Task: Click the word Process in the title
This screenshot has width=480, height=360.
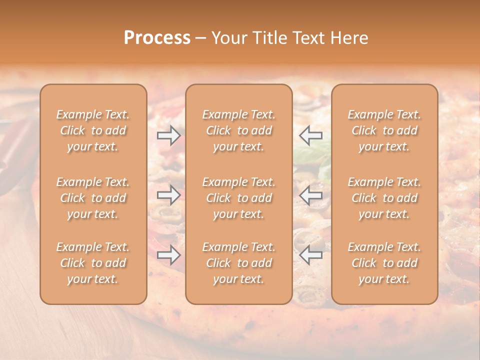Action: click(157, 38)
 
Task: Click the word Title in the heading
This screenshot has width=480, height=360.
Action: click(269, 38)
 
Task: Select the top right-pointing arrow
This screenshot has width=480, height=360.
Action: click(168, 135)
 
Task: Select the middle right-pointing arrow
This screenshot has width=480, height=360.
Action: click(168, 195)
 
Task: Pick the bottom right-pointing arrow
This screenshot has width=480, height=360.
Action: click(168, 255)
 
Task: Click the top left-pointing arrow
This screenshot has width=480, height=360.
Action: click(311, 135)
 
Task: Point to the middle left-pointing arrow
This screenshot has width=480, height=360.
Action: click(311, 195)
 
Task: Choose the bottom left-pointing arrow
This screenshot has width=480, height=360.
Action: click(311, 255)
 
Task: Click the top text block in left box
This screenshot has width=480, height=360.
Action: click(93, 130)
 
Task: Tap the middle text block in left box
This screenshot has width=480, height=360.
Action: click(93, 198)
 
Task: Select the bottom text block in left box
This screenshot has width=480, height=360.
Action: click(93, 263)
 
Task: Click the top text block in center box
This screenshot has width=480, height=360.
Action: click(238, 130)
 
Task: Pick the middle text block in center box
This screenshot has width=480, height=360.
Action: click(238, 198)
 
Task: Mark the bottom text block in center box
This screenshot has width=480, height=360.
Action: click(238, 263)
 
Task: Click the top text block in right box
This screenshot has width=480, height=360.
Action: click(384, 130)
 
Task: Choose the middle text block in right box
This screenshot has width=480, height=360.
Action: click(384, 198)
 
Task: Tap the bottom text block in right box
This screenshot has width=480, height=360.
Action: click(384, 263)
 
